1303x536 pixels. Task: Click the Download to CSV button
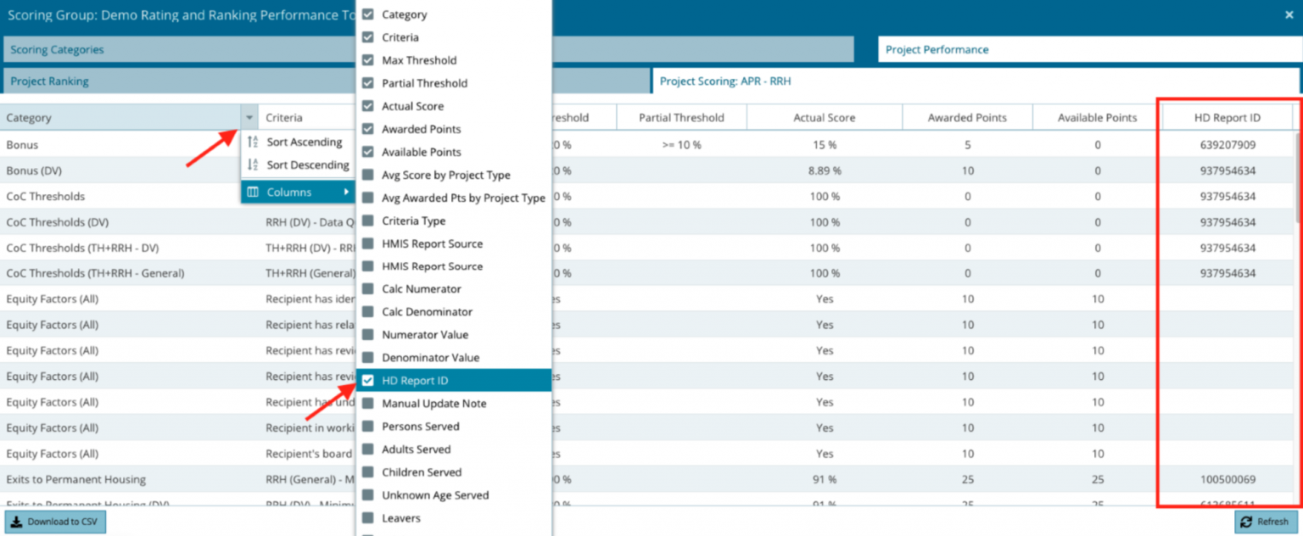click(x=55, y=522)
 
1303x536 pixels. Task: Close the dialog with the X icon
click(x=1289, y=14)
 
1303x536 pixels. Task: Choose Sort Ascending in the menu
click(x=304, y=142)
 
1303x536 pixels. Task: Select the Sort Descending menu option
click(x=307, y=165)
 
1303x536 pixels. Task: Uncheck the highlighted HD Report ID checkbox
click(x=367, y=381)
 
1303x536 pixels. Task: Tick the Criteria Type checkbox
click(x=367, y=221)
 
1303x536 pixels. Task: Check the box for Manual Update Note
click(x=367, y=404)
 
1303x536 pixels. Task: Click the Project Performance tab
click(x=937, y=50)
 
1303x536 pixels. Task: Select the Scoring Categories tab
click(x=57, y=50)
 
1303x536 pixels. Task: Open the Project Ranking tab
click(x=49, y=81)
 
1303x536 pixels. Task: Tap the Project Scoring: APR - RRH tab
click(x=725, y=81)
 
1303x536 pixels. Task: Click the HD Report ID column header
click(x=1227, y=118)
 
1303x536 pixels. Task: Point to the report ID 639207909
click(x=1227, y=145)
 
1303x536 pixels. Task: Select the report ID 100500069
click(x=1227, y=480)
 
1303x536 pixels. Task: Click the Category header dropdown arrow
click(x=249, y=118)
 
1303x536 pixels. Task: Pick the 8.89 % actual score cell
click(x=824, y=170)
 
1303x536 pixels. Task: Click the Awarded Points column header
click(x=967, y=118)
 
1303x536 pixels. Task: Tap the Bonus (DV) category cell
click(x=34, y=170)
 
